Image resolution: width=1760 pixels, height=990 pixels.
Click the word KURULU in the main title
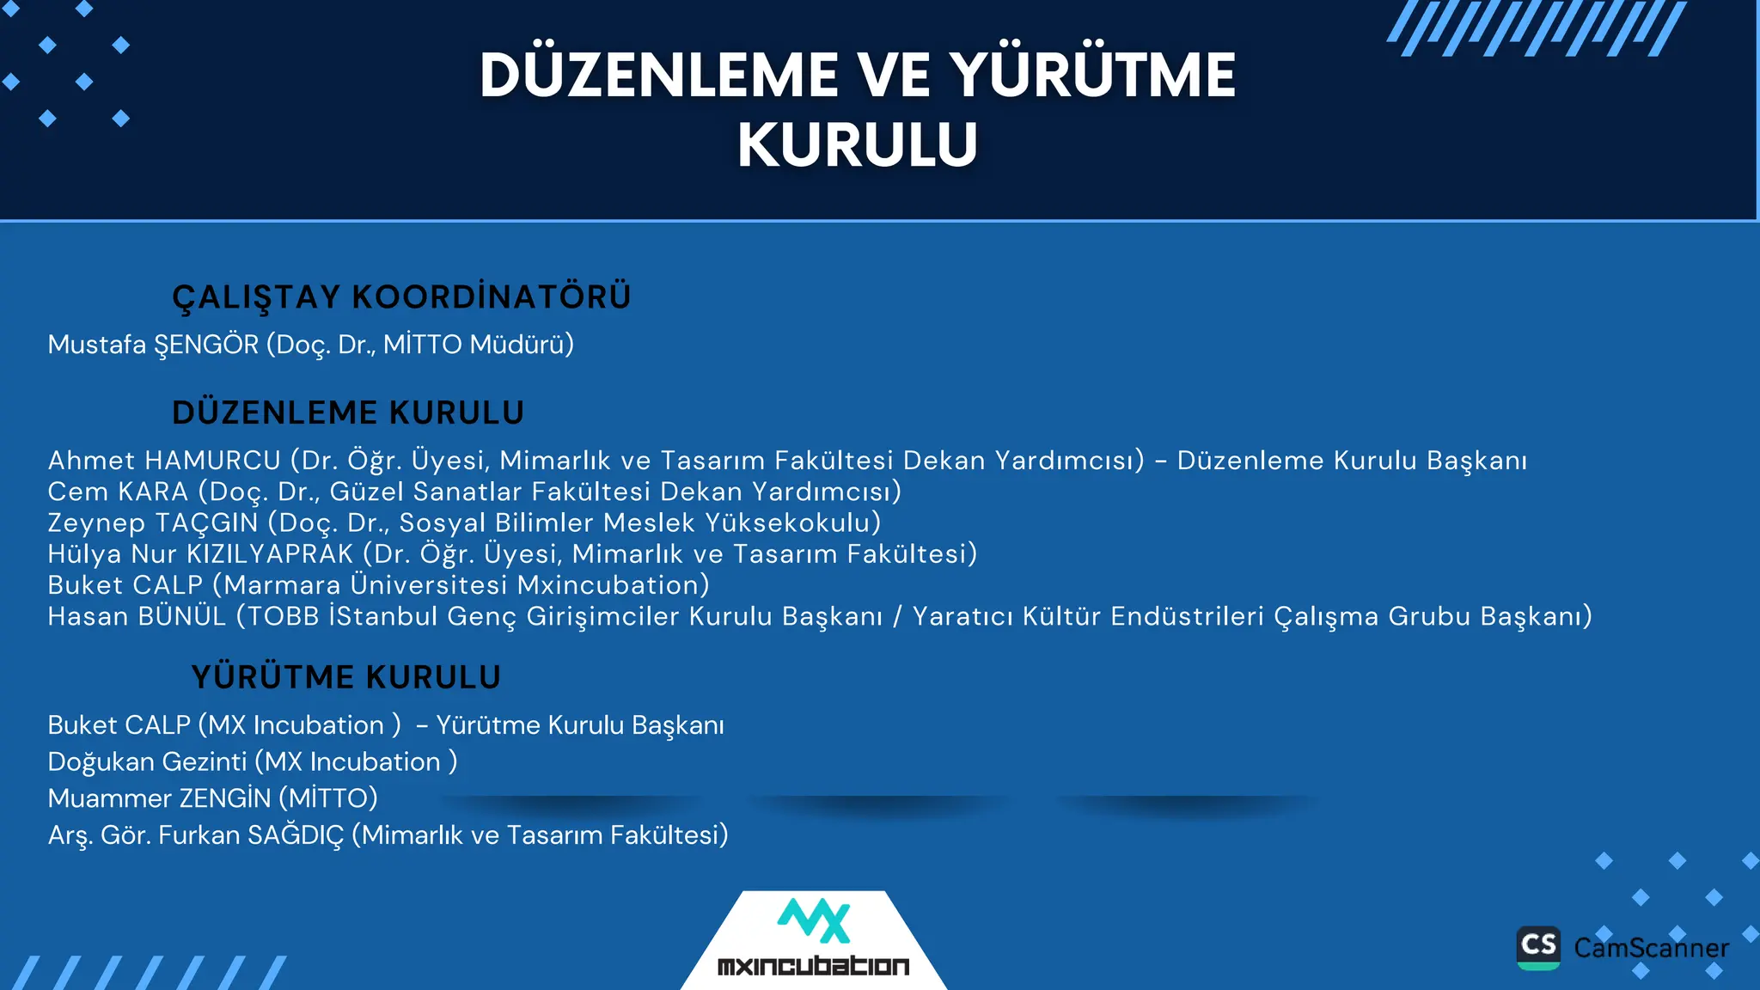click(858, 144)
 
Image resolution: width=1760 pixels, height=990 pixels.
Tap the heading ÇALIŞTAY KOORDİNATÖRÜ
click(401, 297)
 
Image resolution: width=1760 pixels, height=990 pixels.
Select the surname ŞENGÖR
click(206, 345)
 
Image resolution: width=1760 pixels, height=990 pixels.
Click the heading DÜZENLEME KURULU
click(348, 413)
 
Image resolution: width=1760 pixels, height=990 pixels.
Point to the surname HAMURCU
click(212, 461)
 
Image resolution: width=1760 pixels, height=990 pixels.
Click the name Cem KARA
click(118, 492)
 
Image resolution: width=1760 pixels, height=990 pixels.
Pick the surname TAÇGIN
click(206, 522)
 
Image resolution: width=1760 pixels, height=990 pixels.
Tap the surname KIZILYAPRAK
click(270, 554)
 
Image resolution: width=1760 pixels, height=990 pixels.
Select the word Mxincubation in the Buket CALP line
click(613, 585)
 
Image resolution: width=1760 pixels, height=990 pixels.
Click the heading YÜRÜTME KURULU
click(345, 677)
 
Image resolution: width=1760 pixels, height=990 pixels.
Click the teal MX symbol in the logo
click(814, 921)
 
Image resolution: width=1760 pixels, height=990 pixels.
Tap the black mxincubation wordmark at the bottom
click(813, 966)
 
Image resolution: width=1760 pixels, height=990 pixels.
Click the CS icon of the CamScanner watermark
click(1538, 947)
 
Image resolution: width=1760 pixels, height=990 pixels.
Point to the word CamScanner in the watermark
click(1651, 948)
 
